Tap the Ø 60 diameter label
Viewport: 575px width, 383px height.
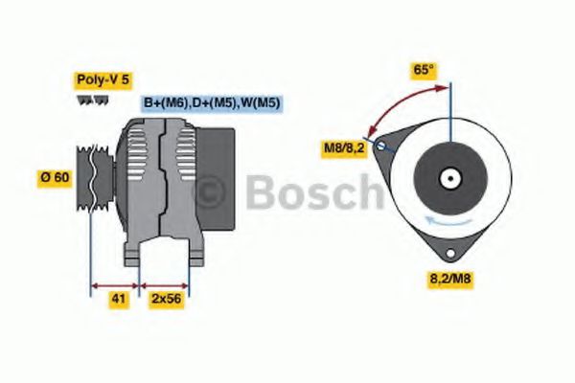pos(56,176)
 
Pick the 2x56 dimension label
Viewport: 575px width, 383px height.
pos(166,301)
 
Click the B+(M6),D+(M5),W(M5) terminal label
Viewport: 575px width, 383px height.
pos(212,102)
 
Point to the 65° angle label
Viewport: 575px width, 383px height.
pos(423,70)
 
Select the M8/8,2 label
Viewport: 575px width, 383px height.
pos(341,146)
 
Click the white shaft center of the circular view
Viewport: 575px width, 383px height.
pos(448,178)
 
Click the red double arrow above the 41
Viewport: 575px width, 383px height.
pos(115,285)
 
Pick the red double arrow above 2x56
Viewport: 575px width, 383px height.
pos(165,285)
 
